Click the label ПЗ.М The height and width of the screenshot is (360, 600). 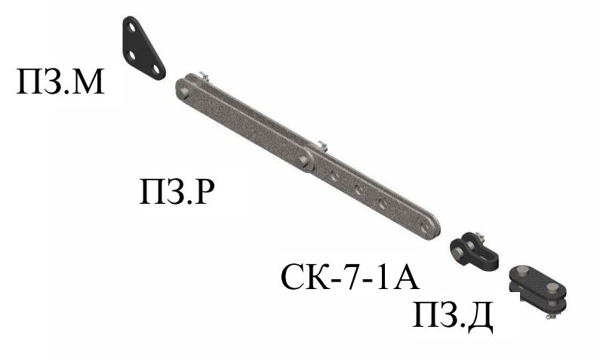[x=60, y=82]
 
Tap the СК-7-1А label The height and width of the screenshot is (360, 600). [x=349, y=276]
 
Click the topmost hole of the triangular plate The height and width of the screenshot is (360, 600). [x=131, y=28]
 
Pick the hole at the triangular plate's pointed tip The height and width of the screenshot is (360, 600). [x=155, y=69]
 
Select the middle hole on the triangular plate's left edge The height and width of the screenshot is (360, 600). [x=131, y=55]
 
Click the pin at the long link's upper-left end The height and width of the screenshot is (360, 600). [x=184, y=93]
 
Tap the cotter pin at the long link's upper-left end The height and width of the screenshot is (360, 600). [x=203, y=76]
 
